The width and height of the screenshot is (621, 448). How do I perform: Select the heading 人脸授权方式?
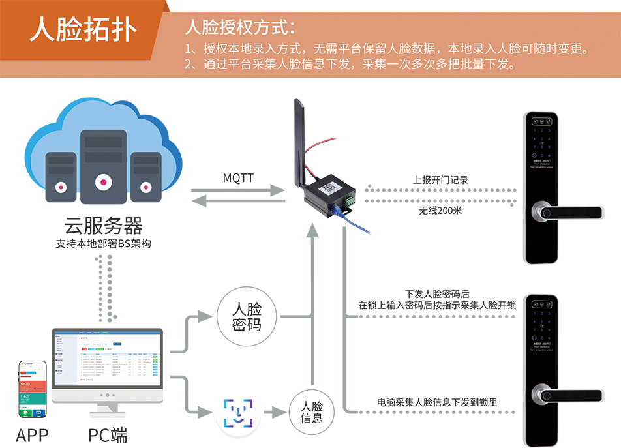(240, 27)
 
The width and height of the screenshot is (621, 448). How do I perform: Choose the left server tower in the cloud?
(61, 173)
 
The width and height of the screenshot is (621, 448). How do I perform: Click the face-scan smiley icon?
(238, 413)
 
